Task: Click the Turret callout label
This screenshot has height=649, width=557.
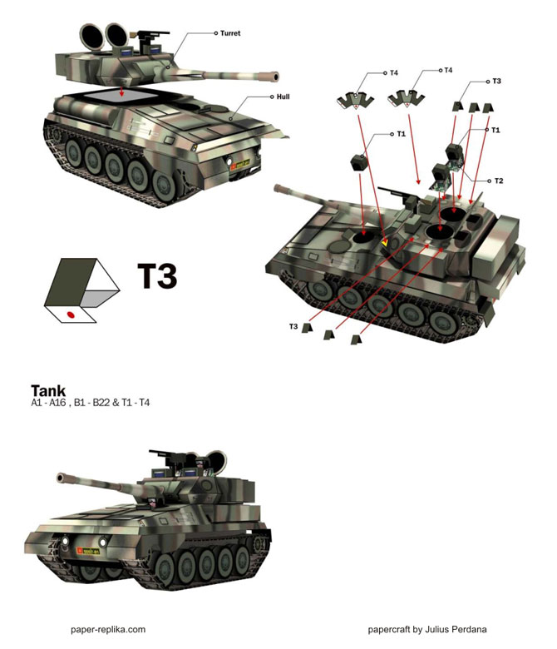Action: click(230, 33)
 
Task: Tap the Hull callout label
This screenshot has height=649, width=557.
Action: click(283, 97)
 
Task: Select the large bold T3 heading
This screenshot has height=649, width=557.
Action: click(157, 276)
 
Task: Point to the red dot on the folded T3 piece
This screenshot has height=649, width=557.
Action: click(71, 315)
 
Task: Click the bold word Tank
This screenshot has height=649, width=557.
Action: click(48, 391)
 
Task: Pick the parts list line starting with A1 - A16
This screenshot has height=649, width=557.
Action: click(90, 403)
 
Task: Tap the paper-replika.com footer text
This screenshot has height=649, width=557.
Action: click(108, 630)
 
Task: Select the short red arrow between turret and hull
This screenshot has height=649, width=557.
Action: click(121, 91)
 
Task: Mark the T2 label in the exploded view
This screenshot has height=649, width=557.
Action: click(499, 181)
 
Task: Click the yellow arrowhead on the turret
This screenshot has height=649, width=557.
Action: click(385, 243)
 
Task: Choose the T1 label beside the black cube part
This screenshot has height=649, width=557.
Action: click(401, 134)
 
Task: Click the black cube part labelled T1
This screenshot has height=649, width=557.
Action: click(359, 162)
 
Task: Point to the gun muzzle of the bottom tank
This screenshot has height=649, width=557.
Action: click(61, 478)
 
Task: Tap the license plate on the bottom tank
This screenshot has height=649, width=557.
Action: click(88, 551)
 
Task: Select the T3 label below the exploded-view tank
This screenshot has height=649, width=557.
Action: click(293, 326)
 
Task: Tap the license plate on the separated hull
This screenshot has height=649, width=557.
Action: click(240, 164)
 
